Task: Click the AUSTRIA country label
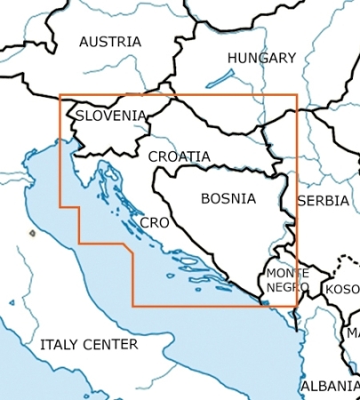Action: pyautogui.click(x=109, y=42)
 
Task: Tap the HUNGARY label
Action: pyautogui.click(x=260, y=58)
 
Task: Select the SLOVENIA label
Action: pyautogui.click(x=110, y=116)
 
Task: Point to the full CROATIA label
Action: pyautogui.click(x=180, y=156)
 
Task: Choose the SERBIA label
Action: pyautogui.click(x=323, y=201)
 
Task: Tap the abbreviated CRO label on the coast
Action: pyautogui.click(x=156, y=222)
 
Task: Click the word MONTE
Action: pyautogui.click(x=288, y=273)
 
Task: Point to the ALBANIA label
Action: pyautogui.click(x=330, y=387)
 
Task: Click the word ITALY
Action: pyautogui.click(x=59, y=344)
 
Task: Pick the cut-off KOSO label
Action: pyautogui.click(x=342, y=290)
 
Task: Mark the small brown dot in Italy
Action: pyautogui.click(x=32, y=234)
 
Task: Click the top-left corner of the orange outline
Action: pyautogui.click(x=60, y=95)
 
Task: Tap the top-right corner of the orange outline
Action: pyautogui.click(x=297, y=95)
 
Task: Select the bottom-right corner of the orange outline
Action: pyautogui.click(x=297, y=306)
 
